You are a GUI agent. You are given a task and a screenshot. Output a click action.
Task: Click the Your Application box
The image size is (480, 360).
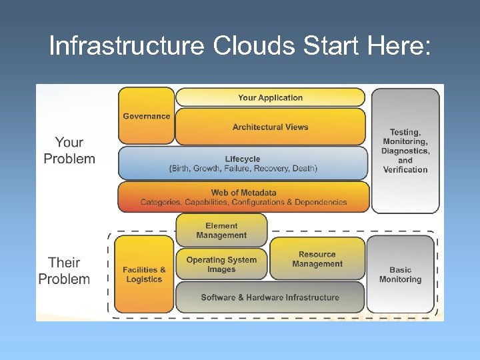click(x=270, y=98)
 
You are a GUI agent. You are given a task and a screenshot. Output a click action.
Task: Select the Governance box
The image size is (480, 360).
click(x=146, y=116)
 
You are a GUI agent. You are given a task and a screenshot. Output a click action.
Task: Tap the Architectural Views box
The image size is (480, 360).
click(x=270, y=127)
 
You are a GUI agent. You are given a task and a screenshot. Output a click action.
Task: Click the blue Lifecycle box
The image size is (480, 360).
click(x=243, y=163)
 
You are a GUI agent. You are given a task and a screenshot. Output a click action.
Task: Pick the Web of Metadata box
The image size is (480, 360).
click(x=243, y=197)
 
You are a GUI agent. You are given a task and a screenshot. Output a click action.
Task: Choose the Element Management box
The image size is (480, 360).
click(x=221, y=231)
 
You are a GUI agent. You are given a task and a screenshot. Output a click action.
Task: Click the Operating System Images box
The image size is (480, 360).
click(x=221, y=265)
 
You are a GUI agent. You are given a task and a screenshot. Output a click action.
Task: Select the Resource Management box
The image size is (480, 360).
click(x=317, y=259)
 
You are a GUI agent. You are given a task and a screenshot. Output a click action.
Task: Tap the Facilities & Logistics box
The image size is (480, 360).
click(x=144, y=274)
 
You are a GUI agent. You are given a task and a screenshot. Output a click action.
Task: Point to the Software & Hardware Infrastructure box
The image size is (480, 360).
click(x=270, y=297)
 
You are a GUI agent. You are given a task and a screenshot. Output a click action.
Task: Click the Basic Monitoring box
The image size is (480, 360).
click(x=400, y=275)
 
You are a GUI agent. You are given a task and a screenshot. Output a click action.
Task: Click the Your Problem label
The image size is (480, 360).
click(x=69, y=151)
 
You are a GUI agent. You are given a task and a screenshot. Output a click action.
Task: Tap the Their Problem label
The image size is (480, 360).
click(x=64, y=271)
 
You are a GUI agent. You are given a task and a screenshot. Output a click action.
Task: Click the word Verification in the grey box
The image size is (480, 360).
click(x=405, y=170)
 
